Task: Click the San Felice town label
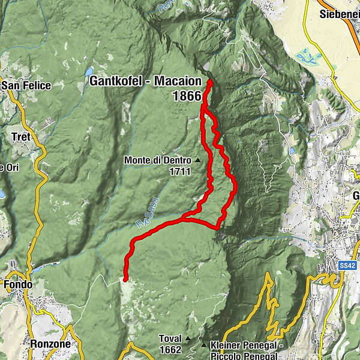coord(25,86)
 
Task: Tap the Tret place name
coord(21,137)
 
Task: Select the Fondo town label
coord(18,284)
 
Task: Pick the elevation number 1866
coord(187,95)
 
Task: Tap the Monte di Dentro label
coord(157,160)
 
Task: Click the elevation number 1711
coord(179,172)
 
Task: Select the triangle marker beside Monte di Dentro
coord(197,160)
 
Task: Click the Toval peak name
coord(170,338)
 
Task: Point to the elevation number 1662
coord(171,349)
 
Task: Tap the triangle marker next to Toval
coord(187,338)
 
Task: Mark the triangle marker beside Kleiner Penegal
coord(204,346)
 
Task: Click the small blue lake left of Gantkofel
coord(88,71)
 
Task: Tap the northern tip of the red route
coord(211,82)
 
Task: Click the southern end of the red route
coord(125,279)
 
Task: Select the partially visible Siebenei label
coord(340,13)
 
